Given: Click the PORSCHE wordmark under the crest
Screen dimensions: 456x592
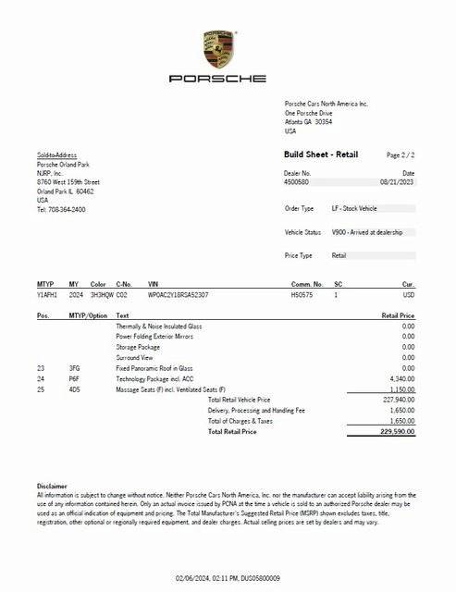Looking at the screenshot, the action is [217, 80].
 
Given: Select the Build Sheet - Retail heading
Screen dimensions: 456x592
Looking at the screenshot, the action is [320, 154].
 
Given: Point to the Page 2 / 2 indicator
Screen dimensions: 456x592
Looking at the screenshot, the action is [401, 155].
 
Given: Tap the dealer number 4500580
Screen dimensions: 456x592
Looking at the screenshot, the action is [296, 182].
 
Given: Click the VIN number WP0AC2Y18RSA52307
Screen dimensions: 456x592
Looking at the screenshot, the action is [178, 294].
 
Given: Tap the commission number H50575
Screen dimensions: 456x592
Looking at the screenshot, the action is [302, 294].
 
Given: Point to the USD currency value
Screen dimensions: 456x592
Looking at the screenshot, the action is [408, 294].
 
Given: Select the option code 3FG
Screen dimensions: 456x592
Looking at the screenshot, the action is [74, 367].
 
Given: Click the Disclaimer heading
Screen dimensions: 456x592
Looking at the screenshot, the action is [52, 486].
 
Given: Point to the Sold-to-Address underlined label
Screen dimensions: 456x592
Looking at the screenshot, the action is [56, 155].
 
